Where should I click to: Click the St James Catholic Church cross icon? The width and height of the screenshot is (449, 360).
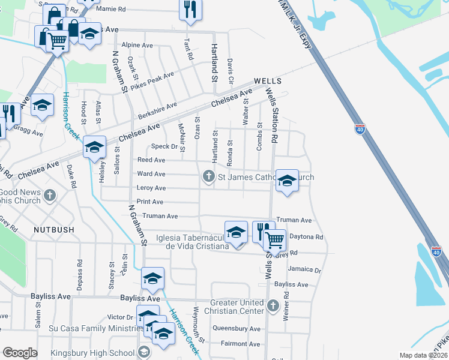(208, 176)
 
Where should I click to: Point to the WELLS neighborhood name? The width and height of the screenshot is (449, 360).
(268, 81)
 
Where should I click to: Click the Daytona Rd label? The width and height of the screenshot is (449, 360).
(306, 237)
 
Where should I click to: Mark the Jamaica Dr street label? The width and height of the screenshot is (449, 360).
(304, 270)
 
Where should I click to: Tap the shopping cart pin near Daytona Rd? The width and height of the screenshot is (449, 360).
(275, 240)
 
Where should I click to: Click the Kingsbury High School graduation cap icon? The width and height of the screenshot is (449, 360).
(144, 352)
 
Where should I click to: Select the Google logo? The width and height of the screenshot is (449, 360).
(20, 353)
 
